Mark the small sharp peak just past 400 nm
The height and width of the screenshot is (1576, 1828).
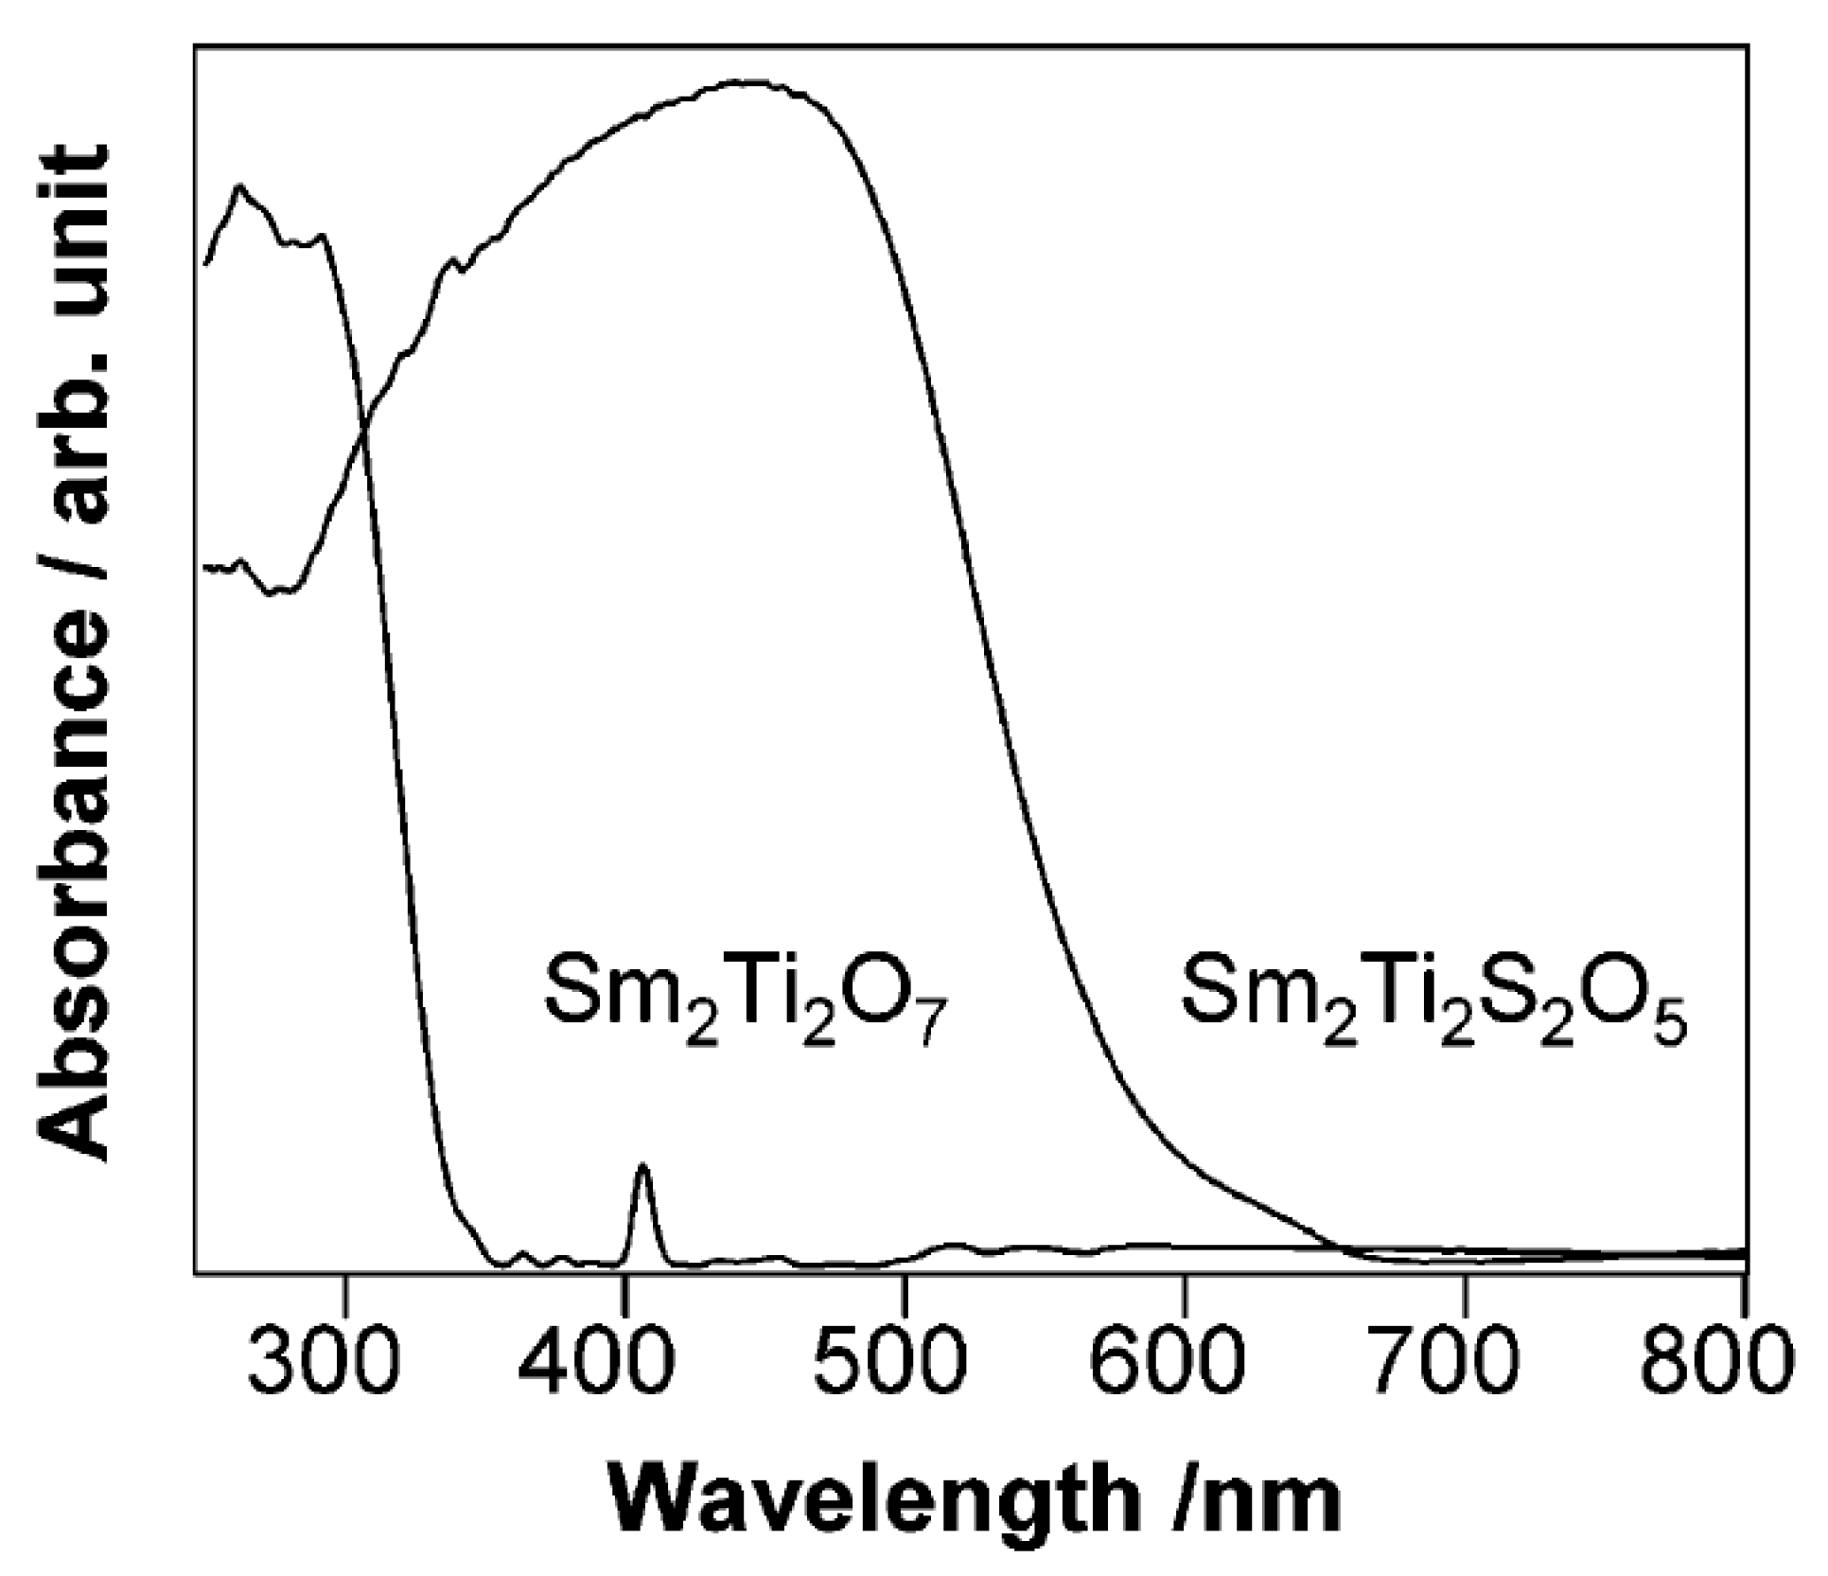pyautogui.click(x=643, y=1167)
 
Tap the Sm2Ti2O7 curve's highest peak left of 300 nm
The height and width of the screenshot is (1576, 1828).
pyautogui.click(x=240, y=187)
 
